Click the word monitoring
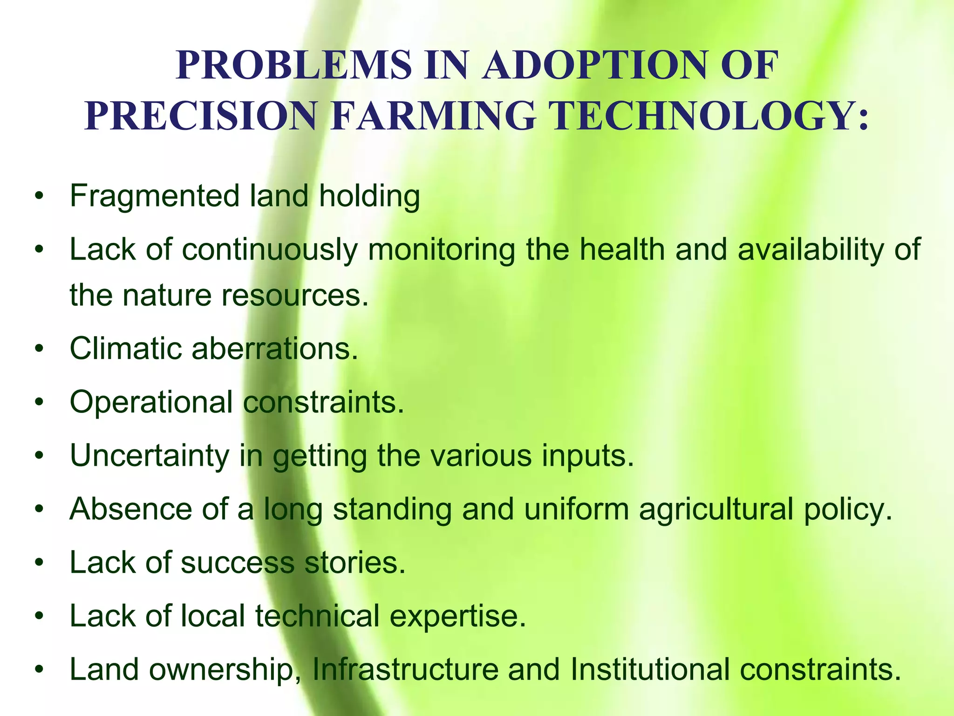tap(442, 249)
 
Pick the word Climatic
tap(125, 348)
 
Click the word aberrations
tap(274, 348)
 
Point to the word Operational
tap(151, 402)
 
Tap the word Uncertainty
tap(149, 455)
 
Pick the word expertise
tap(457, 616)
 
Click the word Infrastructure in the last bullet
tap(405, 669)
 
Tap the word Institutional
tap(649, 669)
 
